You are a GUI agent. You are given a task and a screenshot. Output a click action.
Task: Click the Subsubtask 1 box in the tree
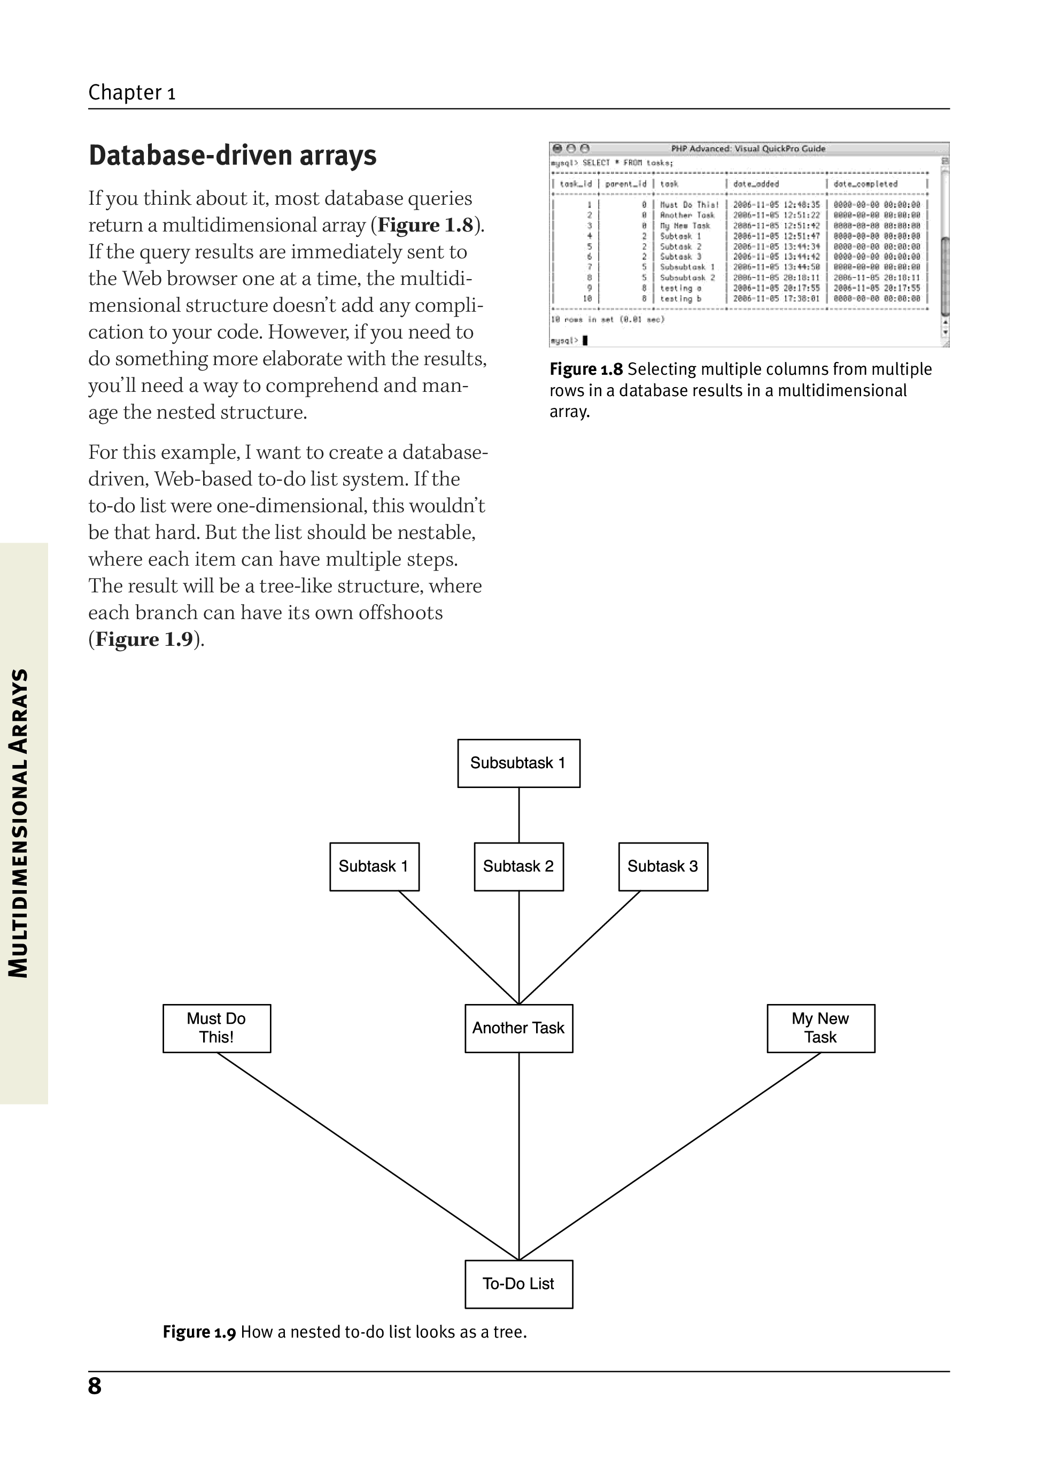518,763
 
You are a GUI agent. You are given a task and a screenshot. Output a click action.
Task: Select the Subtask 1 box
374,867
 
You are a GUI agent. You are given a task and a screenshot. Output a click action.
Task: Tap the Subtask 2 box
518,867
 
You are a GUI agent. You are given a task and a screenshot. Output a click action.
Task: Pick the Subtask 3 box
663,867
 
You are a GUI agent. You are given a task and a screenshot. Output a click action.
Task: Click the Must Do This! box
216,1028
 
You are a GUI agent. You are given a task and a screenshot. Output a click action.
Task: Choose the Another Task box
518,1028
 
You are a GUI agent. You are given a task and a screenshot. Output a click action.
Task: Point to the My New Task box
820,1028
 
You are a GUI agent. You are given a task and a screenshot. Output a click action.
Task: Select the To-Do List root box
518,1284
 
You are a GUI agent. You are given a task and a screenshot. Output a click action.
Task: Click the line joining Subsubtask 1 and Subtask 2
519,815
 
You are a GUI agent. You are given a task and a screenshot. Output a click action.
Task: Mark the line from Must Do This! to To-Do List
367,1156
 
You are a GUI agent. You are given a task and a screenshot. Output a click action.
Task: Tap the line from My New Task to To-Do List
670,1156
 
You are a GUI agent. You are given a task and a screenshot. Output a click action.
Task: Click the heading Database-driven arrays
233,156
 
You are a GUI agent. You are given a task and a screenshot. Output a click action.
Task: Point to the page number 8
95,1386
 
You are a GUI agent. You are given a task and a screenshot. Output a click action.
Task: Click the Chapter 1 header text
131,92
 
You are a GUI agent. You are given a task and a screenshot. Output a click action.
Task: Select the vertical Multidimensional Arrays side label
19,823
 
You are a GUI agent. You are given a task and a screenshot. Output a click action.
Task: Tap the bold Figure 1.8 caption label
586,369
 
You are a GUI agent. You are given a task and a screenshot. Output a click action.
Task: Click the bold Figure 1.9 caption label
199,1332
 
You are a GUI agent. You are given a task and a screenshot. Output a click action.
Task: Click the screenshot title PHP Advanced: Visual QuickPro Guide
748,149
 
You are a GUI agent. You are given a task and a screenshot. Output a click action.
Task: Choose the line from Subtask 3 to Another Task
579,947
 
